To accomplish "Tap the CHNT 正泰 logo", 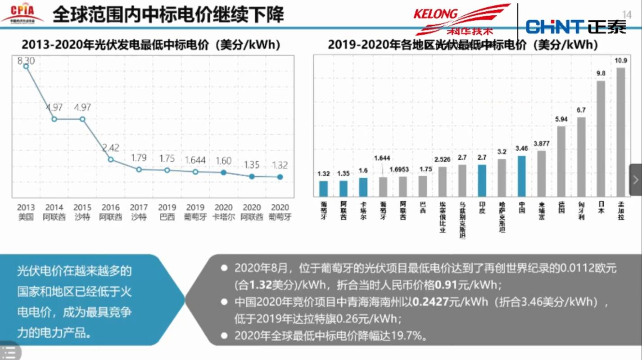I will pyautogui.click(x=576, y=27).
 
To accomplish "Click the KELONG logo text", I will pyautogui.click(x=435, y=14).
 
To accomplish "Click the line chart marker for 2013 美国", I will pyautogui.click(x=26, y=66).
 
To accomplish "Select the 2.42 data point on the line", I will pyautogui.click(x=111, y=159).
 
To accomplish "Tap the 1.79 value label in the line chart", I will pyautogui.click(x=139, y=158).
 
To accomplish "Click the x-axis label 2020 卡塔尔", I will pyautogui.click(x=224, y=212).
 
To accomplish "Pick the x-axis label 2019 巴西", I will pyautogui.click(x=167, y=212).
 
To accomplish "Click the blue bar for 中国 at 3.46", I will pyautogui.click(x=522, y=176).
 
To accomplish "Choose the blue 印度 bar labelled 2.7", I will pyautogui.click(x=482, y=180).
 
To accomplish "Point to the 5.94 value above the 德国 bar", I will pyautogui.click(x=561, y=119).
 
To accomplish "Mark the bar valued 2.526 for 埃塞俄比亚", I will pyautogui.click(x=442, y=182).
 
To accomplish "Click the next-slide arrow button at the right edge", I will pyautogui.click(x=635, y=180).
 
